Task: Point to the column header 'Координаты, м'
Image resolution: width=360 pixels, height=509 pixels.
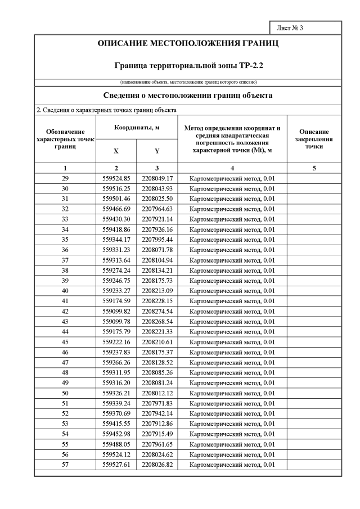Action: tap(137, 128)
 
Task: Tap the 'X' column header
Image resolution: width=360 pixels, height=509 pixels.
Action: tap(116, 151)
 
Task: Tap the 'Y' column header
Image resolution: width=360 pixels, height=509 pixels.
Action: tap(157, 151)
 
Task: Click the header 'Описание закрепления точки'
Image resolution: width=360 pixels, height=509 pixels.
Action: tap(314, 138)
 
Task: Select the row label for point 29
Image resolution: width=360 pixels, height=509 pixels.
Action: tap(65, 178)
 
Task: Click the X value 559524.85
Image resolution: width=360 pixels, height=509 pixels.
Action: tap(116, 178)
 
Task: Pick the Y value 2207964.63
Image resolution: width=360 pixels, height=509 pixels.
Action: tap(157, 209)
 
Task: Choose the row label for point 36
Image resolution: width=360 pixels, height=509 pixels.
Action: tap(65, 250)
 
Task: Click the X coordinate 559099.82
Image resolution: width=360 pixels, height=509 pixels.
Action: tap(116, 311)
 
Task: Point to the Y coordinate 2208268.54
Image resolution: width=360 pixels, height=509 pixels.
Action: tap(157, 321)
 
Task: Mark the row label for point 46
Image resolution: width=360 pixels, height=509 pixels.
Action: tap(65, 352)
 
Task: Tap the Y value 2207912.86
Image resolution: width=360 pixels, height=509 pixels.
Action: tap(157, 424)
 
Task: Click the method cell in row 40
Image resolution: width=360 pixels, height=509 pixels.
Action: tap(232, 291)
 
